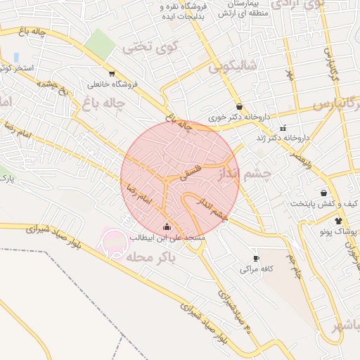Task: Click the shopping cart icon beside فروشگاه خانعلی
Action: point(112,73)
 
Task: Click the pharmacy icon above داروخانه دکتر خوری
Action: point(240,107)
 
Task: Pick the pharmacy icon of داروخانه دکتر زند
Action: point(283,128)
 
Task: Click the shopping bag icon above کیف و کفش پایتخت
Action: point(323,193)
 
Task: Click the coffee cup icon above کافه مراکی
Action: point(256,258)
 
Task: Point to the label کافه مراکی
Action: point(255,269)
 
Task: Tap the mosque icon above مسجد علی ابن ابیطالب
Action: point(167,226)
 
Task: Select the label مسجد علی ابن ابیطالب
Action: point(167,238)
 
